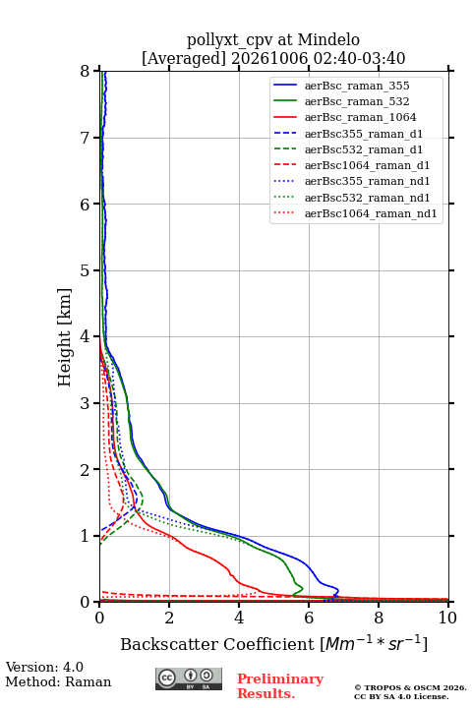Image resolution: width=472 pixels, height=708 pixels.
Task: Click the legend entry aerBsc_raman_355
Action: [357, 86]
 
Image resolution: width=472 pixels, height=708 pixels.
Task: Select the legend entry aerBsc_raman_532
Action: [357, 101]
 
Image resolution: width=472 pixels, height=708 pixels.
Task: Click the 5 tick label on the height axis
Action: [86, 270]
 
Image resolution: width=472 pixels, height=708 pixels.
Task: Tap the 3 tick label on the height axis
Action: [86, 403]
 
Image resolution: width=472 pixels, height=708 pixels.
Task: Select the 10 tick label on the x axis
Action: [447, 618]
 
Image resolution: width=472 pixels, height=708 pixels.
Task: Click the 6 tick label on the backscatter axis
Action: [309, 618]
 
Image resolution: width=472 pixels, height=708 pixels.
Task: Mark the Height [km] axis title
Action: [64, 337]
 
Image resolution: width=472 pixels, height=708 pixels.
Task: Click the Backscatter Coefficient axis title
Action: [273, 643]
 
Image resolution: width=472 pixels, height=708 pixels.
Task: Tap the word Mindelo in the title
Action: [328, 40]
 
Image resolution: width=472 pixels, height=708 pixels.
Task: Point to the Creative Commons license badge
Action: [189, 678]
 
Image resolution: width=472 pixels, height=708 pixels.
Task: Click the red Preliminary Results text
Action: [280, 686]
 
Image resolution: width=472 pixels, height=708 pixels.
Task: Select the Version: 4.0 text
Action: [44, 667]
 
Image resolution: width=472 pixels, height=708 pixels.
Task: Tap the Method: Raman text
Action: [58, 681]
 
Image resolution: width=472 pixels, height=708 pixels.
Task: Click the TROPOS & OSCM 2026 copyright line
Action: [410, 687]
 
